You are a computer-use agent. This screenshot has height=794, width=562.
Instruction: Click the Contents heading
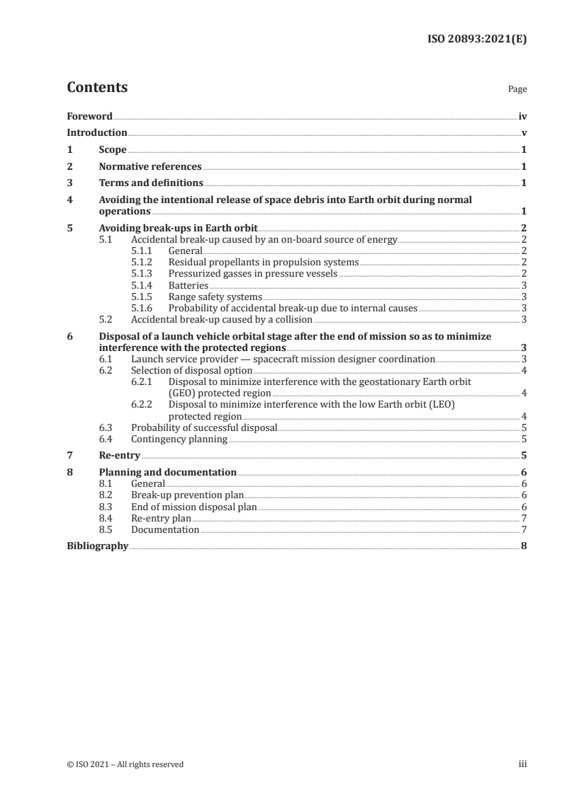97,88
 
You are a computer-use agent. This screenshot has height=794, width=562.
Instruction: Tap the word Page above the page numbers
517,90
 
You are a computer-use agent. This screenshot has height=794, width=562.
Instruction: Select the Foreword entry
89,116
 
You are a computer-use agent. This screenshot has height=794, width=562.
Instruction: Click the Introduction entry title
97,133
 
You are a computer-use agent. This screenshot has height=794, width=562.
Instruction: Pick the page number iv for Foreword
522,116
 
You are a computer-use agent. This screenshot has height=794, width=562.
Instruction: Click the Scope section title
113,150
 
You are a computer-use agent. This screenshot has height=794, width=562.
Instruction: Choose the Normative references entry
150,167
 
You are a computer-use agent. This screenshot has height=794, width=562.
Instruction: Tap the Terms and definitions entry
151,183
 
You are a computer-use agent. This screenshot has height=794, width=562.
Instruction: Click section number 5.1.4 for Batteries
143,285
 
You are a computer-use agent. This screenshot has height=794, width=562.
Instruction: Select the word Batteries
188,285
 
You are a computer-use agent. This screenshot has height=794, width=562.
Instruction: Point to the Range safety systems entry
215,297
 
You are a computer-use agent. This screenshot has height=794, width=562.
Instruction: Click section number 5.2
106,319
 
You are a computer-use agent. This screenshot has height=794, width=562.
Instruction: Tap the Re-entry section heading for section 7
120,456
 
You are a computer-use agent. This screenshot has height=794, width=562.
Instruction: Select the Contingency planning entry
179,439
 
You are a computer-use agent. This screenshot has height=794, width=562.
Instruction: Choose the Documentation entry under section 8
165,529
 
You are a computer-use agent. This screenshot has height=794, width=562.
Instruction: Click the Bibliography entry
97,546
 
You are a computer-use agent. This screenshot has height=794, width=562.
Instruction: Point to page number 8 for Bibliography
523,546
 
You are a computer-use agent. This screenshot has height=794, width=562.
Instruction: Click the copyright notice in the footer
125,764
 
